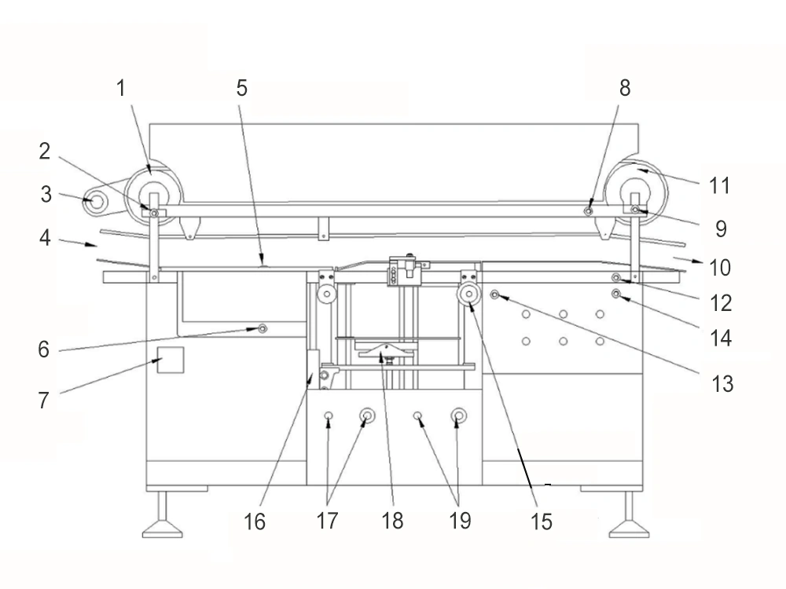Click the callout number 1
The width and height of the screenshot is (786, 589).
pos(121,89)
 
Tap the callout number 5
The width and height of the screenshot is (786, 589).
pos(242,89)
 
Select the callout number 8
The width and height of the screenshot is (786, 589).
pos(625,88)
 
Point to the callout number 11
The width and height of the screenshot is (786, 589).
pos(719,186)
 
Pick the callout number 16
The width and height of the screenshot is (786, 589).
pos(254,522)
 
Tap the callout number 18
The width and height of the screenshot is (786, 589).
pos(392,521)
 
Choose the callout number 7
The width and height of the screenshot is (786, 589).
pos(44,401)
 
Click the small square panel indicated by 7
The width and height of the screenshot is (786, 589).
pos(171,360)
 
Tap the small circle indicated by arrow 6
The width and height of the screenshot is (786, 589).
pos(263,328)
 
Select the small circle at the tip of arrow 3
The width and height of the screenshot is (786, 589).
pos(97,202)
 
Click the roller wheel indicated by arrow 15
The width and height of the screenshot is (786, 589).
pos(469,294)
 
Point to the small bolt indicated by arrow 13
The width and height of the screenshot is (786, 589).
pos(494,294)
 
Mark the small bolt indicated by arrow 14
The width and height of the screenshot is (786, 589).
pos(616,294)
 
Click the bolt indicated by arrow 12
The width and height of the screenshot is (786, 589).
pos(616,277)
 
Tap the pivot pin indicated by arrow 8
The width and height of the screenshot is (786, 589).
pos(589,211)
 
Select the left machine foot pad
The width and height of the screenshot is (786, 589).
pos(163,529)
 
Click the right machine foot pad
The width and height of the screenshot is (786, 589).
pos(629,529)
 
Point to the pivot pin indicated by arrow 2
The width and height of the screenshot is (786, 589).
pos(154,214)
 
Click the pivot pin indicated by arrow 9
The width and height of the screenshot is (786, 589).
pos(635,210)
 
